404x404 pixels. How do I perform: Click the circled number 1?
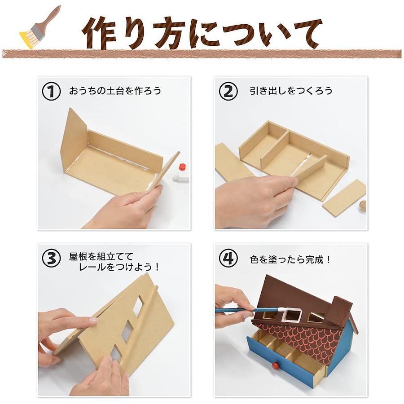[51, 91]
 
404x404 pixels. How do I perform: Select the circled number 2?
[228, 91]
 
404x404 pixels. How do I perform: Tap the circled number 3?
[51, 259]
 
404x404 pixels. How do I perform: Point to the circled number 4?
[228, 259]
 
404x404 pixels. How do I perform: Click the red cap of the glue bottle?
[182, 166]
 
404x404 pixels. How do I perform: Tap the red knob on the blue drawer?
[276, 365]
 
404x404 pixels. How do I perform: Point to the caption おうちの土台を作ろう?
[115, 91]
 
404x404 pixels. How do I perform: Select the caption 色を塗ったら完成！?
[290, 259]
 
